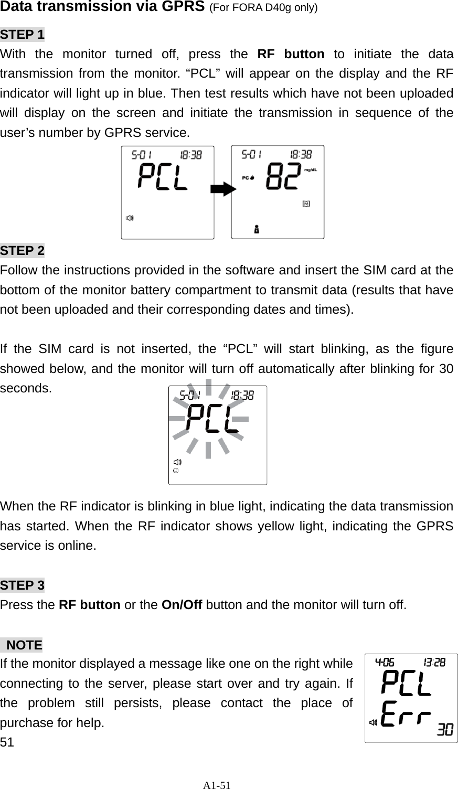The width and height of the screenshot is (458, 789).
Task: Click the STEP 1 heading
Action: pos(23,35)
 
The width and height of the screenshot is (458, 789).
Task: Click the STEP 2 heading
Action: pos(23,251)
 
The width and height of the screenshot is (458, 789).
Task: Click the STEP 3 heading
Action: pos(23,585)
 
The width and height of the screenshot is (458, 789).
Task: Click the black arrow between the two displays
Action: pos(223,190)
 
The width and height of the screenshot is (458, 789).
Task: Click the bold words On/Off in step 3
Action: pos(182,604)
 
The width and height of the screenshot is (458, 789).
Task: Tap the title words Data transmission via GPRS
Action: pos(102,7)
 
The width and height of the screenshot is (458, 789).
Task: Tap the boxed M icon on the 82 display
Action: pos(306,203)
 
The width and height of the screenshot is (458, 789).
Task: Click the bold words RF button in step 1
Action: pos(291,55)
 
